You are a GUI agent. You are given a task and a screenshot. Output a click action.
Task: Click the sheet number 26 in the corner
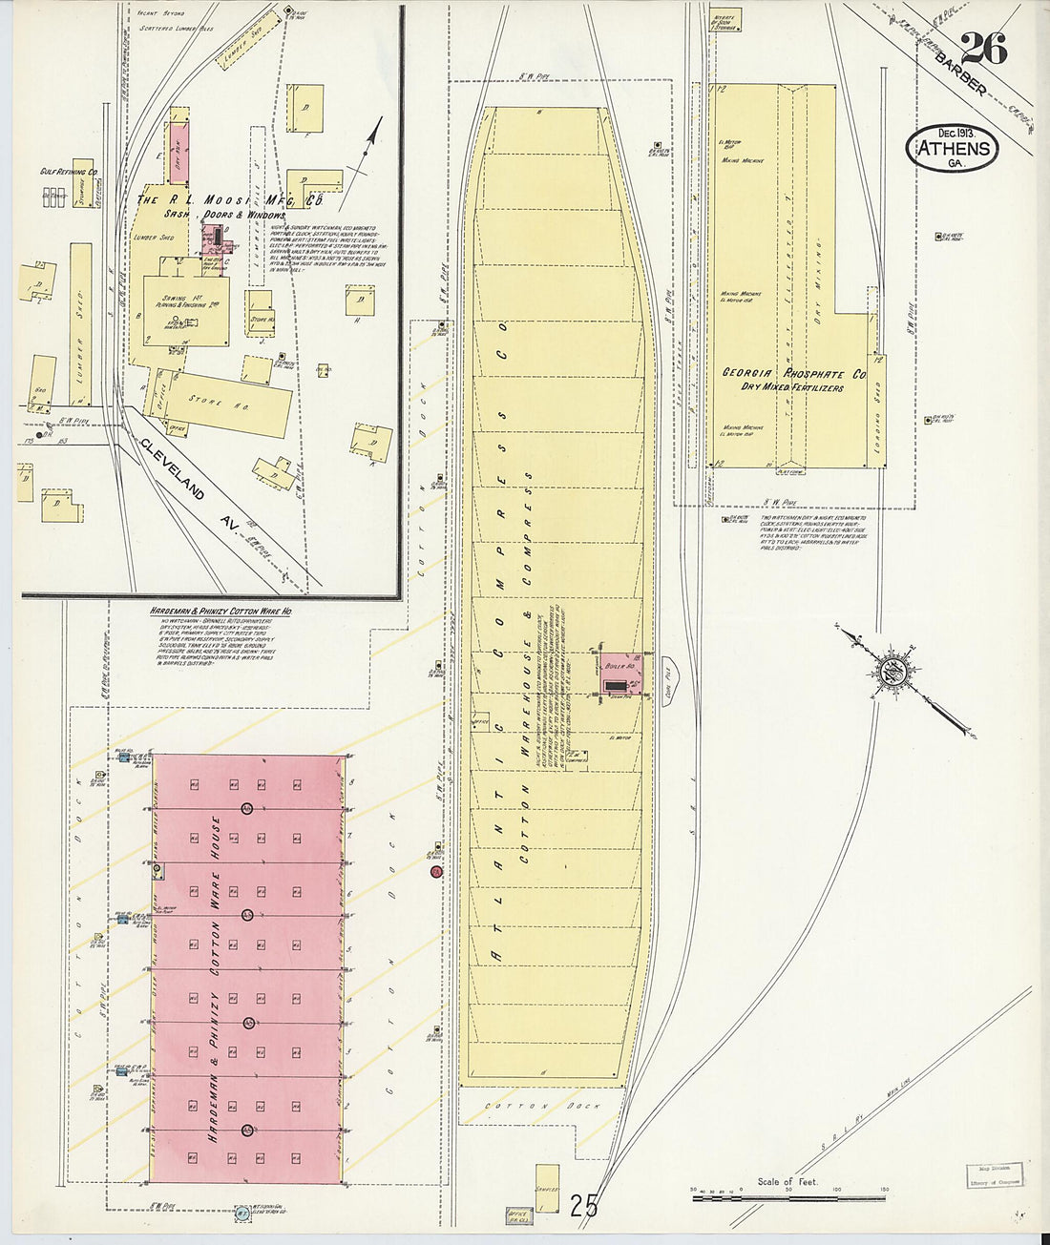pos(984,48)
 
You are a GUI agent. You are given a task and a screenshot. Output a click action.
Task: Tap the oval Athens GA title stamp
pos(953,150)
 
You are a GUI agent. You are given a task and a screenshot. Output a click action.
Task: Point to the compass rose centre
pos(896,670)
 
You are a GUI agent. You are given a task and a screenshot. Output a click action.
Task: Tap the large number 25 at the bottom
pos(583,1206)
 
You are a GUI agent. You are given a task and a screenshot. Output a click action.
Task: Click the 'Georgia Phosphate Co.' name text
pos(792,374)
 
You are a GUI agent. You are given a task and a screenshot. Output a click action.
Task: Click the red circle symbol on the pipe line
pos(436,871)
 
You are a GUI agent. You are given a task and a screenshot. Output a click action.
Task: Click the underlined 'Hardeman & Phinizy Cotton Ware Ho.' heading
pos(220,611)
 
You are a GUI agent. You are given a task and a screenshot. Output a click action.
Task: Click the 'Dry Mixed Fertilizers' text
pos(792,388)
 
